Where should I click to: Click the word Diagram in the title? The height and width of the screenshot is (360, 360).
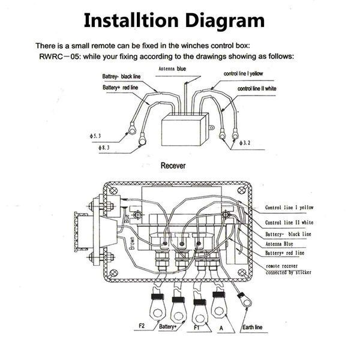(225, 21)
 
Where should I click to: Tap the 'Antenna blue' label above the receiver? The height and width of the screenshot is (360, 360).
(172, 68)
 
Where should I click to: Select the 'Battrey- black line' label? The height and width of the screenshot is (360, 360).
(121, 76)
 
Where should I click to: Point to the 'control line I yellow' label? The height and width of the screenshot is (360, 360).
(243, 74)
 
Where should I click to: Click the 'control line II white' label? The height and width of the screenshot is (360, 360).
(257, 89)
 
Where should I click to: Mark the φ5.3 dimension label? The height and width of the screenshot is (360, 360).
(95, 136)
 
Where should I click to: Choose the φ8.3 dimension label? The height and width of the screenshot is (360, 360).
(104, 148)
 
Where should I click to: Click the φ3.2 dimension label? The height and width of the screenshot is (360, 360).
(244, 143)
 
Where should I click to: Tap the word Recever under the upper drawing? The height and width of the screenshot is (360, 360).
(173, 166)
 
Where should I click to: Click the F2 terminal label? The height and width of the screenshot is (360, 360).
(142, 326)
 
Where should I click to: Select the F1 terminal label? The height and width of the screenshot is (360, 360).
(196, 328)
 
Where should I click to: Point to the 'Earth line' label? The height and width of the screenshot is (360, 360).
(253, 327)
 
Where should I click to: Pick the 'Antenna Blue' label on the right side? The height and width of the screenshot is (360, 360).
(279, 244)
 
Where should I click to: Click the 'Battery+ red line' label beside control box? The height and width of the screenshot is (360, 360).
(284, 253)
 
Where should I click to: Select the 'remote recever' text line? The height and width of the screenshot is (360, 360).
(282, 266)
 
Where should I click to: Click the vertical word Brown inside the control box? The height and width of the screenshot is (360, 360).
(132, 244)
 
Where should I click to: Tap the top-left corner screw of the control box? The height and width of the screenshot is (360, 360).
(113, 191)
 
